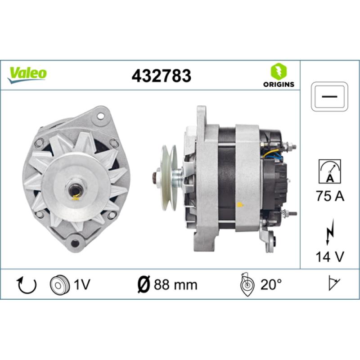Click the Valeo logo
pos(27,74)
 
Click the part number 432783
pos(161,76)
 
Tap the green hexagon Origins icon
pos(279,71)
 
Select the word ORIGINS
pos(279,84)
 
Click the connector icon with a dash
pos(329,97)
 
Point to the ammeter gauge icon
pos(330,171)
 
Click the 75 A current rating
pos(330,196)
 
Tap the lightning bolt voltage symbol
pos(329,232)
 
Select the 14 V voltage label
pos(330,256)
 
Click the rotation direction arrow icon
pos(27,285)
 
